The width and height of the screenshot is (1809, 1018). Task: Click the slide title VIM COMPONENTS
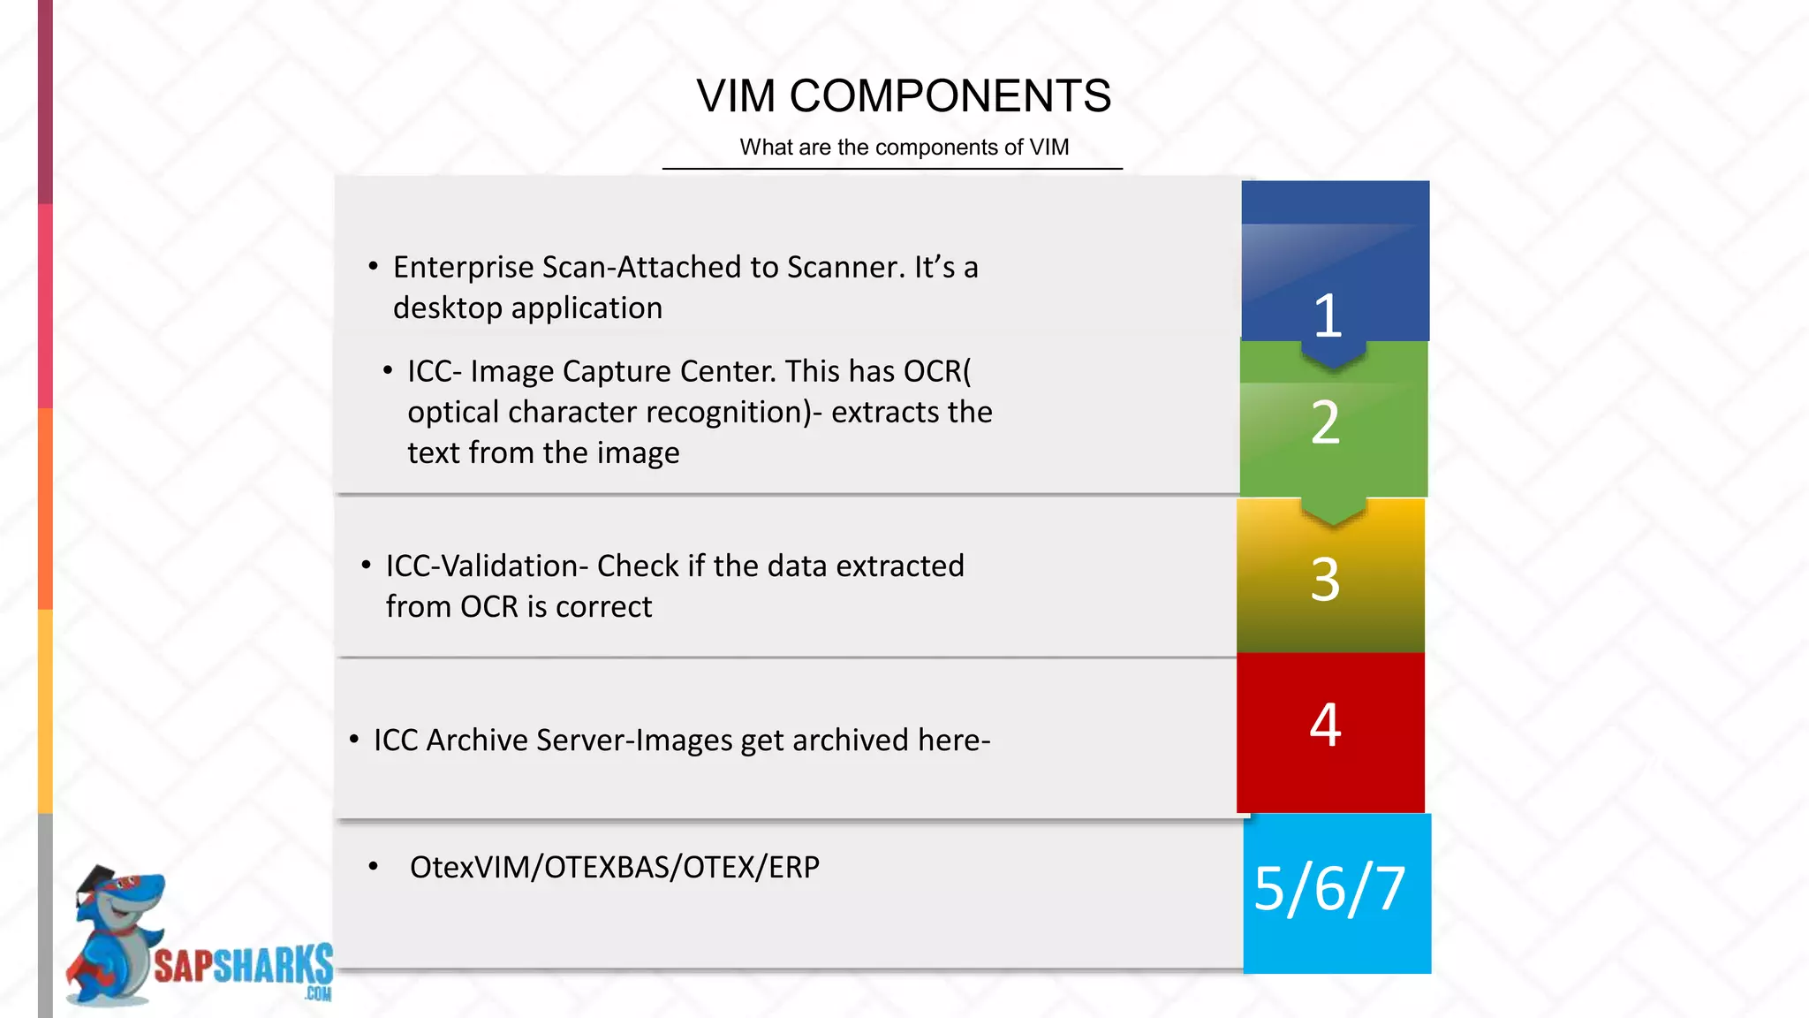[x=903, y=95]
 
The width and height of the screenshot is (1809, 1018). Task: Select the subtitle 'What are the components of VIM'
[x=904, y=147]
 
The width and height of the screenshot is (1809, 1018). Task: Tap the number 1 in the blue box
[x=1328, y=315]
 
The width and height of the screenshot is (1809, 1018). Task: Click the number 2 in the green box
[x=1325, y=422]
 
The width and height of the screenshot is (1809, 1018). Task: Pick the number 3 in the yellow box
[x=1325, y=580]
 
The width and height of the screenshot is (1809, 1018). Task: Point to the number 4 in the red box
[x=1325, y=725]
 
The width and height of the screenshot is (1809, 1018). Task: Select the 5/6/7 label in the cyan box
[x=1329, y=888]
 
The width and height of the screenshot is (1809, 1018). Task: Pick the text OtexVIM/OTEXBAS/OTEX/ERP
[x=614, y=867]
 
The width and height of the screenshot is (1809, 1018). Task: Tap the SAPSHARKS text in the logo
[x=243, y=966]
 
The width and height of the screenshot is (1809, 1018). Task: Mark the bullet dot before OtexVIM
[x=374, y=867]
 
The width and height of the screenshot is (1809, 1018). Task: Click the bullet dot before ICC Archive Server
[x=354, y=739]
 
